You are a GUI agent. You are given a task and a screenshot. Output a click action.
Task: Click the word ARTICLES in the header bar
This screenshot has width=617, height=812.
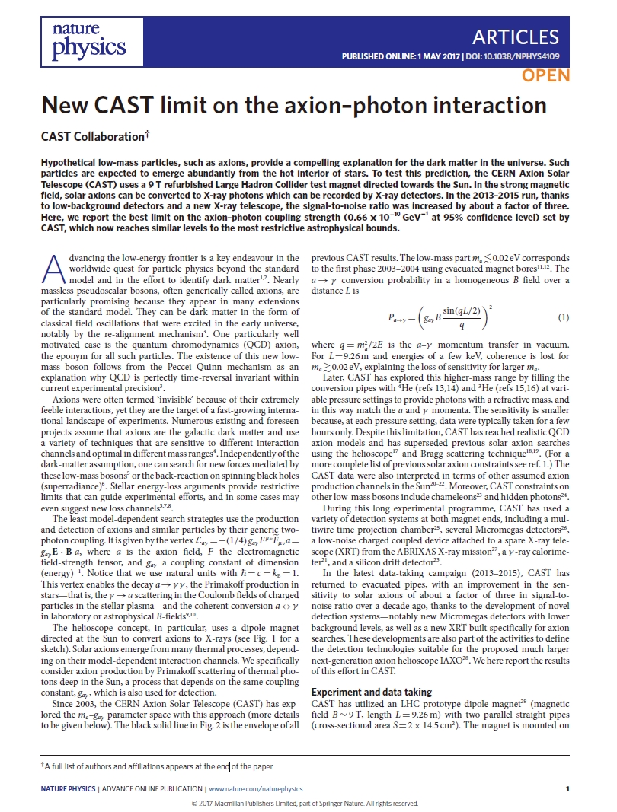coord(516,37)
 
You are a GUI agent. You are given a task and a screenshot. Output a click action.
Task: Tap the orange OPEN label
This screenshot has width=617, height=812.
coord(545,75)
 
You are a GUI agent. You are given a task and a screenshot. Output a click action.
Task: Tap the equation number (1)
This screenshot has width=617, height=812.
coord(564,317)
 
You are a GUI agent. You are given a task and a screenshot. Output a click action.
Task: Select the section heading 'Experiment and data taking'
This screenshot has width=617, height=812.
coord(372,692)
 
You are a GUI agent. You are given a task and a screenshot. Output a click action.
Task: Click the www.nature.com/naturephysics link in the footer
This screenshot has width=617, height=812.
coord(255,789)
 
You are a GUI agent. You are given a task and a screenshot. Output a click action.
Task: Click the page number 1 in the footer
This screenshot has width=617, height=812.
coord(567,789)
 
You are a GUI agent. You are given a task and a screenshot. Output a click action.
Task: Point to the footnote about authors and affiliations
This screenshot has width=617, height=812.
coord(157,766)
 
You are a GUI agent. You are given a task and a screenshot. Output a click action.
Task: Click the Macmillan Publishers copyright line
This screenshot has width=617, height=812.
coord(305,803)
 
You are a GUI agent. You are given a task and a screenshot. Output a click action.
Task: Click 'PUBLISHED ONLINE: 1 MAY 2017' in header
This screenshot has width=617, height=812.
coord(395,56)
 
